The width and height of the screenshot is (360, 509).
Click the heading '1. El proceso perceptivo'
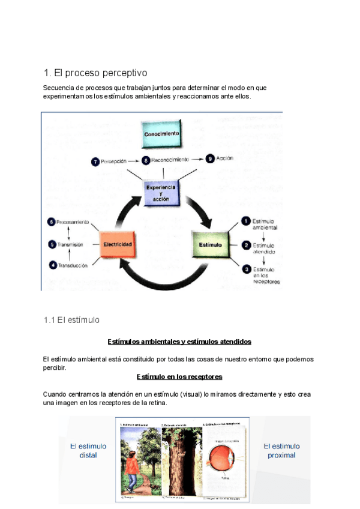coord(95,73)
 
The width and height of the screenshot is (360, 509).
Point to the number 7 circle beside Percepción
coord(95,161)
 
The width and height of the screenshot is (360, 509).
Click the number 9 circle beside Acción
coord(209,159)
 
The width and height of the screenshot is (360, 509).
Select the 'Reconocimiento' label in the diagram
coord(170,160)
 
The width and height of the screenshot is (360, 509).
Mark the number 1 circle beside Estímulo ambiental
coord(245,221)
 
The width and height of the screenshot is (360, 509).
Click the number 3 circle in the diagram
coord(245,269)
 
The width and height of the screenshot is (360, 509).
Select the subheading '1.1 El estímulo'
coord(71,320)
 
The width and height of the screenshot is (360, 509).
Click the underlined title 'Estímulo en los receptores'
coord(179,376)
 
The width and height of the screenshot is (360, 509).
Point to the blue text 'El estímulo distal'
coord(88,450)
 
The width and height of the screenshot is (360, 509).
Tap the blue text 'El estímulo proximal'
coord(282,450)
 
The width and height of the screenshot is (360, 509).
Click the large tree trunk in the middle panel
coord(182,459)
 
